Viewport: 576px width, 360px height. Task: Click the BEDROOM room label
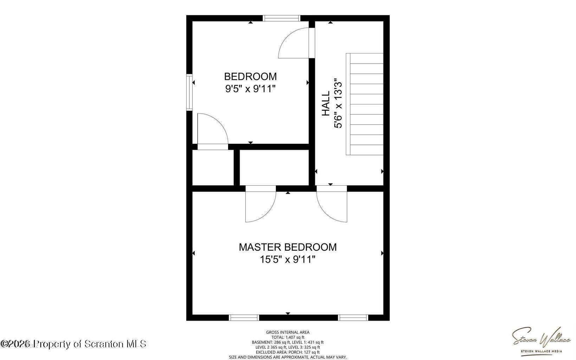click(x=250, y=76)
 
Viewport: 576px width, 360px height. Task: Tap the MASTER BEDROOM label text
click(x=287, y=247)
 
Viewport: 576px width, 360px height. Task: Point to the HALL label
click(x=326, y=103)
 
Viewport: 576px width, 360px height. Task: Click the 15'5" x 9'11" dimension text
click(x=287, y=259)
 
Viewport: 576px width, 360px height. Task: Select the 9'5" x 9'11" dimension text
click(x=250, y=89)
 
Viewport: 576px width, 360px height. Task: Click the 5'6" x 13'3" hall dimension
click(x=338, y=103)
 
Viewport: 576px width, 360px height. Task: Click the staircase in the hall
click(x=365, y=104)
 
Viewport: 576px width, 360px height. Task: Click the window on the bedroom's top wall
click(x=281, y=18)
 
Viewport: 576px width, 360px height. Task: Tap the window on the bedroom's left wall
click(x=189, y=92)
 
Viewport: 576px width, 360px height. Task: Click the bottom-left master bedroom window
click(x=244, y=317)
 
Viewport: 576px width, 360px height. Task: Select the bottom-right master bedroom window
click(x=353, y=317)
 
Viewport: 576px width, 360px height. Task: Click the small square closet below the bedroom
click(x=213, y=168)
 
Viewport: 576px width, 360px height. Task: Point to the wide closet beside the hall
click(x=274, y=168)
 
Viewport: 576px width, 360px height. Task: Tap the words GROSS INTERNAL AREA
click(x=287, y=332)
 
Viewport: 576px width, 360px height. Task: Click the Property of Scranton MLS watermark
click(x=74, y=343)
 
